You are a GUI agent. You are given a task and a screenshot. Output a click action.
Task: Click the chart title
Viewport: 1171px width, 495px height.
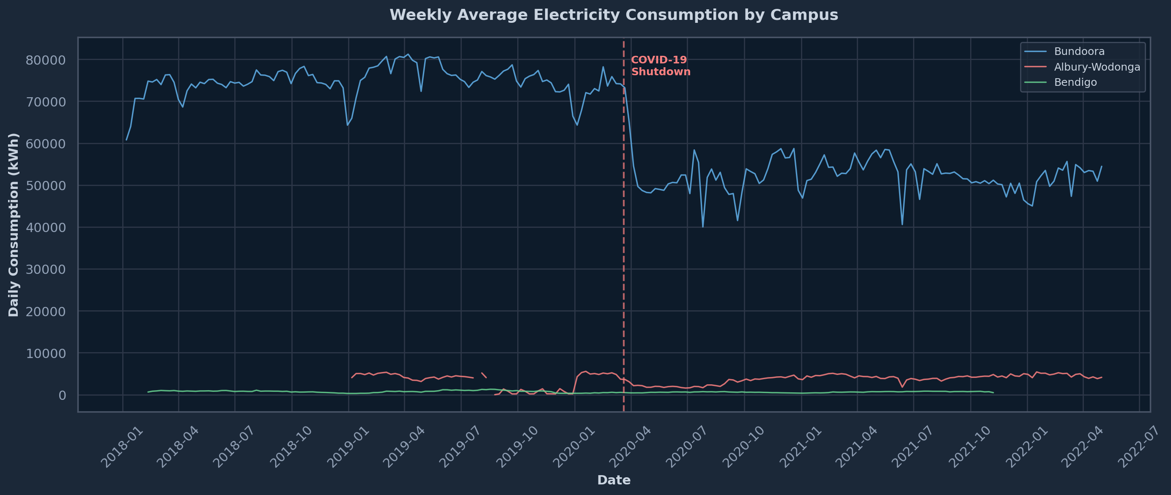coord(614,15)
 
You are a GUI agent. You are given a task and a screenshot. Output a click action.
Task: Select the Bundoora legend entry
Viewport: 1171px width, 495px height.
coord(1079,52)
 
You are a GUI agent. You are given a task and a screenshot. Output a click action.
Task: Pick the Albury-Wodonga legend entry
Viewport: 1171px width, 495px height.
coord(1097,67)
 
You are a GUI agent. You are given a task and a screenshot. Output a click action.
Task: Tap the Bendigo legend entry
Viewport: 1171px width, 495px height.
coord(1075,82)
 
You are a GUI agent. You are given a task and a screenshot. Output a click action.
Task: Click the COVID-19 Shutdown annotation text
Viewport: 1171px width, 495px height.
coord(661,66)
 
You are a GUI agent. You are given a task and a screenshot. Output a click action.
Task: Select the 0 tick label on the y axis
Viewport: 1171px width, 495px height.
coord(62,395)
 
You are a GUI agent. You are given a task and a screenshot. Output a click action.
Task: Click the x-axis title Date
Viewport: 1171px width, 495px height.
coord(614,480)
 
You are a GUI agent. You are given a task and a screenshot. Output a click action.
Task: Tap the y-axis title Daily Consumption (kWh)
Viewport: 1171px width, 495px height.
coord(14,224)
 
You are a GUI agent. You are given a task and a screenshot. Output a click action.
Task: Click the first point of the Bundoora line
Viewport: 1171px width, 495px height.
coord(126,139)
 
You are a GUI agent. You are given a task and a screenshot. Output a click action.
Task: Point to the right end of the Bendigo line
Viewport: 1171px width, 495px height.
coord(993,393)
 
